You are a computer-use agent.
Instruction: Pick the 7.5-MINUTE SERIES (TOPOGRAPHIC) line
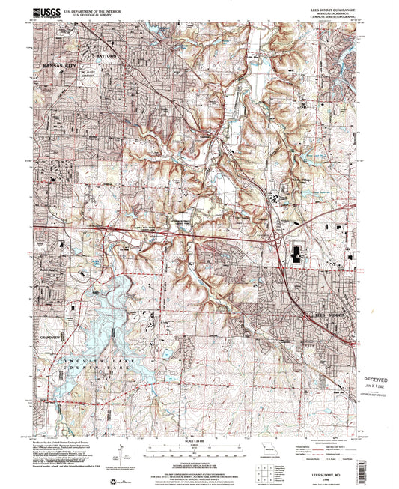pos(332,18)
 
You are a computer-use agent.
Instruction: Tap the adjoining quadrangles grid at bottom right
pos(264,473)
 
